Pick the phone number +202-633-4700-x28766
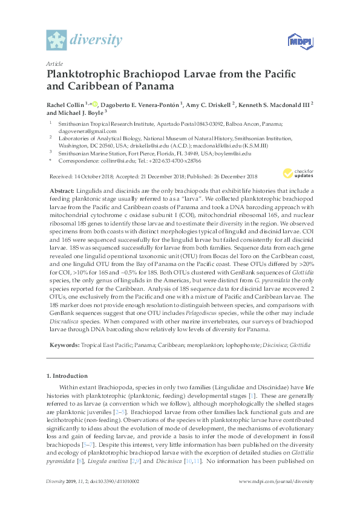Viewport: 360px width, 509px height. [x=176, y=161]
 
